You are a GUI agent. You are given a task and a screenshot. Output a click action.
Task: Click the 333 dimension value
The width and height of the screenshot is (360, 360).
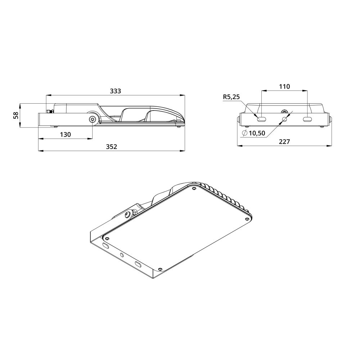(x=115, y=91)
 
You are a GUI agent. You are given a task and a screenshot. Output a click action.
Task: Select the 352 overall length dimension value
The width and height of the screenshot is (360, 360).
(x=111, y=147)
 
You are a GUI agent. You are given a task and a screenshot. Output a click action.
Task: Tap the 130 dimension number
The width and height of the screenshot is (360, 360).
(x=66, y=134)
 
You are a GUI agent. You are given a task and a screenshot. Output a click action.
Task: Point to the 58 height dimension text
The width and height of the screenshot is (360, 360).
(x=15, y=115)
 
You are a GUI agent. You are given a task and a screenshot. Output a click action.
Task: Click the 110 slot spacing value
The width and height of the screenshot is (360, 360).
(x=284, y=86)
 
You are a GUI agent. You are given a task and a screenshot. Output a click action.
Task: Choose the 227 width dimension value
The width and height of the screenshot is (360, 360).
(x=284, y=141)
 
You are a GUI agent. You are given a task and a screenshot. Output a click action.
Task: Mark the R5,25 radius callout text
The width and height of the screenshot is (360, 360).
(x=231, y=97)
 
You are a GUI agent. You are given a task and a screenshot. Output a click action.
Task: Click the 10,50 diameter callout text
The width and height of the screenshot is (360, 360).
(x=257, y=133)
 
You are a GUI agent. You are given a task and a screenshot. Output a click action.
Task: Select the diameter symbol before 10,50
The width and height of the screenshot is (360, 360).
(x=245, y=133)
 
